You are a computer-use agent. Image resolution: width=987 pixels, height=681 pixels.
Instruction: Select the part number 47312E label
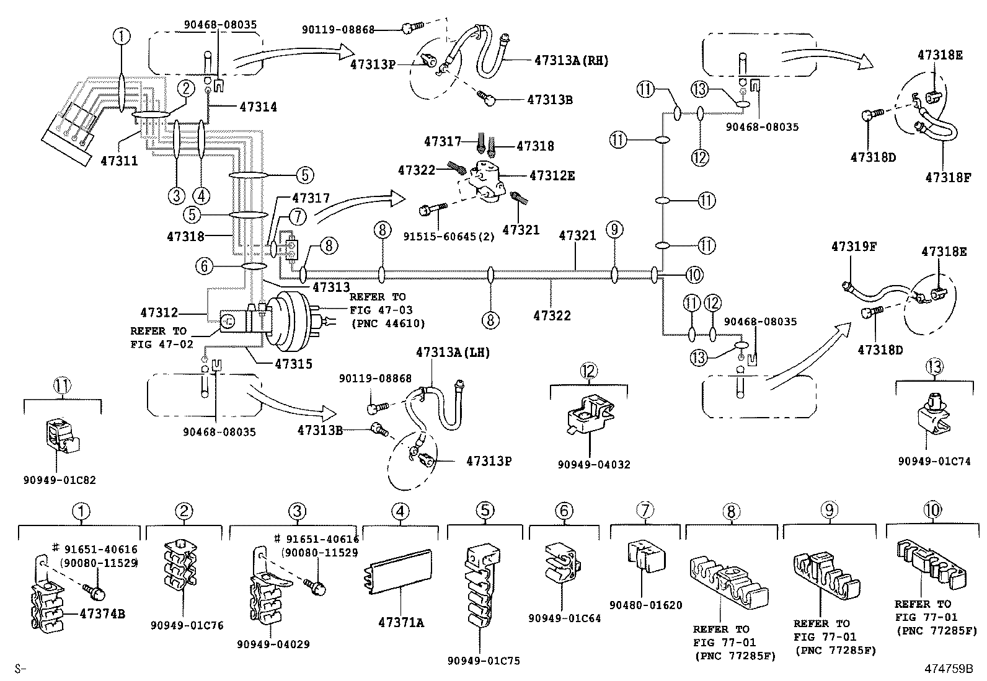click(x=552, y=176)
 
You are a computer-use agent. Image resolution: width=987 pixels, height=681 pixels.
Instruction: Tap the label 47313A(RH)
click(x=571, y=61)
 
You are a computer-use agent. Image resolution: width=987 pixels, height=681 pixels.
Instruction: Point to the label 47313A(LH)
click(x=453, y=353)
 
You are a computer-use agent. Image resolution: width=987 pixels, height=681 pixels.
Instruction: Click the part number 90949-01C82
click(x=60, y=480)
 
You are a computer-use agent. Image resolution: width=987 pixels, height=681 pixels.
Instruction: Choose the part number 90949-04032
click(x=593, y=464)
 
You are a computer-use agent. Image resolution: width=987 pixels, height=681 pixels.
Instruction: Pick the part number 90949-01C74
click(x=934, y=461)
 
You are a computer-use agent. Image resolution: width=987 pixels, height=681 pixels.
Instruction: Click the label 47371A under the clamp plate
click(x=401, y=623)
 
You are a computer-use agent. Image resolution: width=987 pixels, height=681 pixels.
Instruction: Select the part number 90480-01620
click(x=645, y=605)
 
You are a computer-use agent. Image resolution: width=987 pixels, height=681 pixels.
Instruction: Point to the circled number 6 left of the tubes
click(x=204, y=266)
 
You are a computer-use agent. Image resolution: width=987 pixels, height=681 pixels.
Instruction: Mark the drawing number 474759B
click(x=949, y=669)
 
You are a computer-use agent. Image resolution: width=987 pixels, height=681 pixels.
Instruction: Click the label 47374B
click(x=102, y=613)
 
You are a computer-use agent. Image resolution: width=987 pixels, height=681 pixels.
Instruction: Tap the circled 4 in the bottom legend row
click(x=400, y=511)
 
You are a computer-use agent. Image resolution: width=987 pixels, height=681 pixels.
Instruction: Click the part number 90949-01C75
click(x=483, y=661)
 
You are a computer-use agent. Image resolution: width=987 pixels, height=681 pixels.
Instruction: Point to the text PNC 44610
click(x=387, y=323)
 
